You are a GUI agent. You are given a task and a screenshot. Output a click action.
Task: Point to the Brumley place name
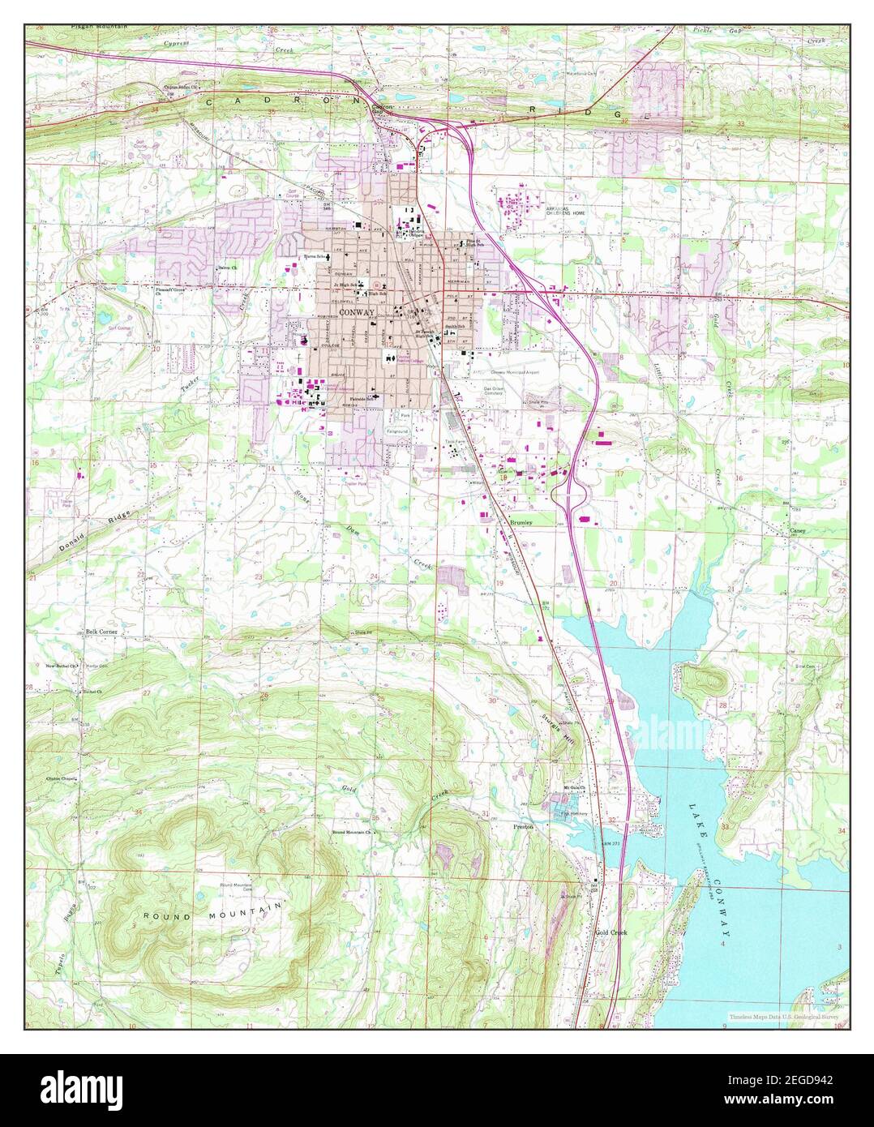coord(521,524)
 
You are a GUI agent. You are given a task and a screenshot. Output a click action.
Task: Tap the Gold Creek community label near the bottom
coord(611,932)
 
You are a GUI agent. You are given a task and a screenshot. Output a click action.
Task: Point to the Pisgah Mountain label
coord(78,27)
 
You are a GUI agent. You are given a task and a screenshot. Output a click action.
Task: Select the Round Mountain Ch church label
coord(350,833)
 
